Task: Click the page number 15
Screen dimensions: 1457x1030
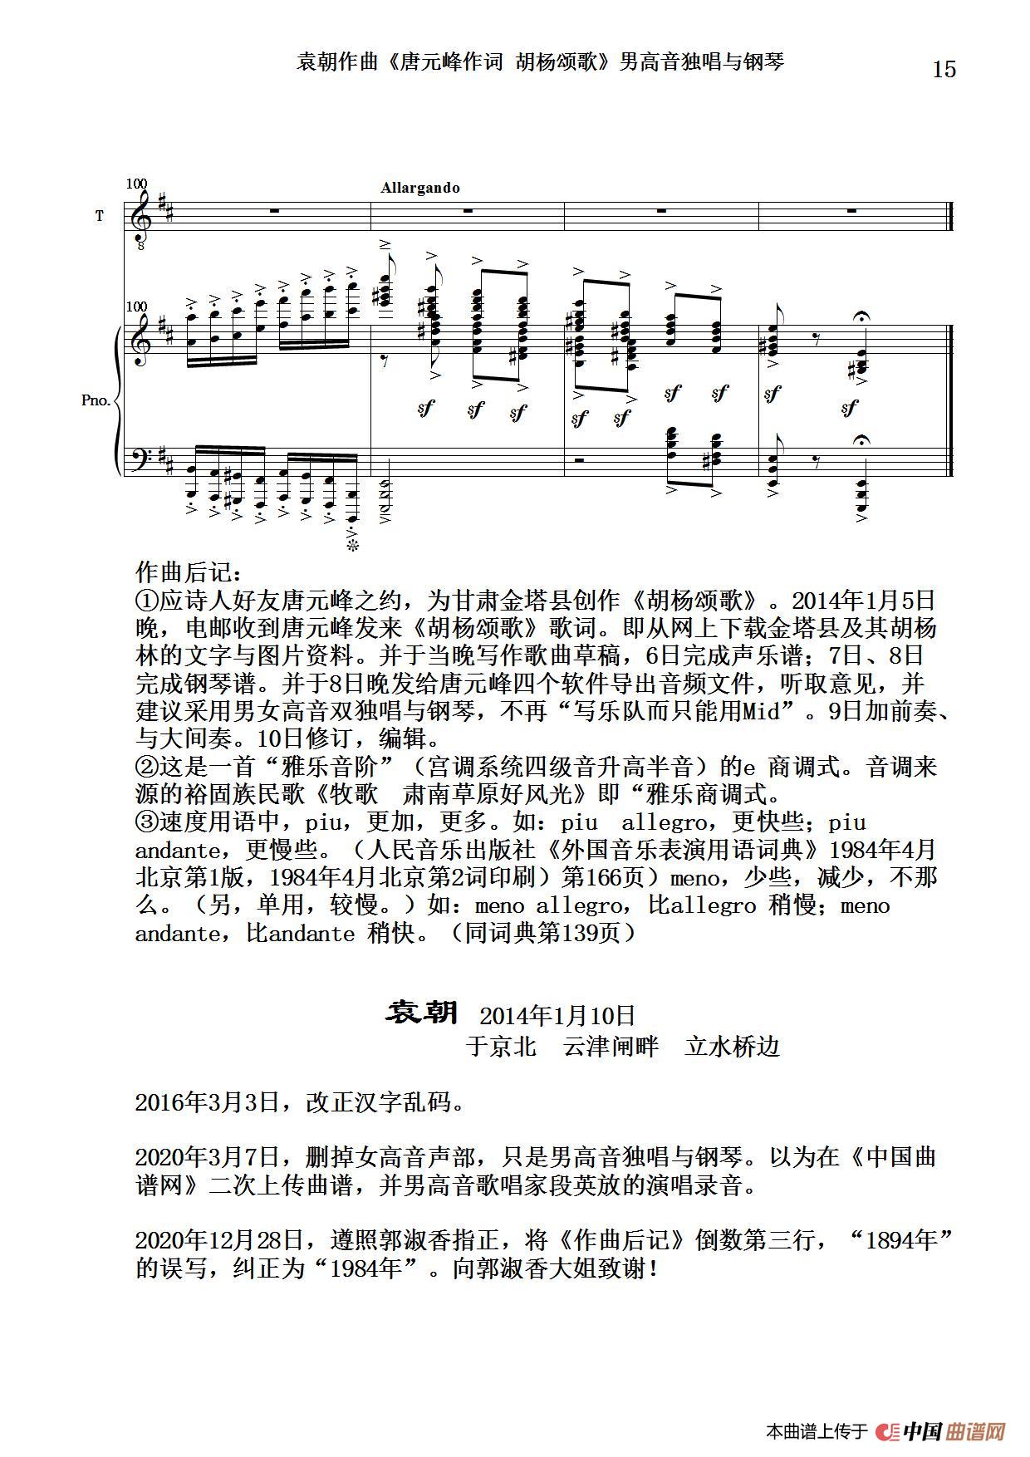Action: (x=944, y=69)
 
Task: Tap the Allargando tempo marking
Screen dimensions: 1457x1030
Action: (x=420, y=188)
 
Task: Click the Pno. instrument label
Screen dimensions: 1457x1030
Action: (x=96, y=400)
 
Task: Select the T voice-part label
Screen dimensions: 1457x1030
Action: (x=100, y=216)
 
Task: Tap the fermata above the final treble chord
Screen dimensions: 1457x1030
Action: (x=861, y=317)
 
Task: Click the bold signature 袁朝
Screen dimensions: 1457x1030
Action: (x=422, y=1013)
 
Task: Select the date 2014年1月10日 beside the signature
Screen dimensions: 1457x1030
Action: (x=557, y=1015)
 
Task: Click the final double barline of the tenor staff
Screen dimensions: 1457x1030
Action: (x=950, y=216)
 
